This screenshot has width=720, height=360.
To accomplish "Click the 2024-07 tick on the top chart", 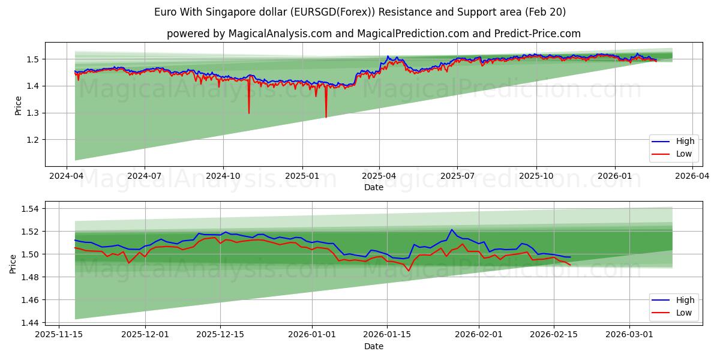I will pos(145,176).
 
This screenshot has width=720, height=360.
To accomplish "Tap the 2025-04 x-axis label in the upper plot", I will pos(379,176).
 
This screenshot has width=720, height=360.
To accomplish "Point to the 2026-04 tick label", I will pos(692,176).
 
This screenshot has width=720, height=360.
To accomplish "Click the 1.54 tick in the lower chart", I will pos(29,209).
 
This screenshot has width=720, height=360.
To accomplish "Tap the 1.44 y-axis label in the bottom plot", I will pos(29,323).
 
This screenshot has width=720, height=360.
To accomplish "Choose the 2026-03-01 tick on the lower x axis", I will pos(629,335).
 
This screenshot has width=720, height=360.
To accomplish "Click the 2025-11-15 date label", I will pos(59,335).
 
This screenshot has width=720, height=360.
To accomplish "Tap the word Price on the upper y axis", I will pos(18,105).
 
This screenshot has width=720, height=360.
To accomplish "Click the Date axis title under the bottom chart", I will pos(373,346).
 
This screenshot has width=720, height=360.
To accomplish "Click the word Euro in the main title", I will pos(165,12).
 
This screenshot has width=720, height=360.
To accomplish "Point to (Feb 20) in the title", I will pos(545,12).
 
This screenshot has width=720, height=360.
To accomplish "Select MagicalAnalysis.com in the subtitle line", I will pos(280,34).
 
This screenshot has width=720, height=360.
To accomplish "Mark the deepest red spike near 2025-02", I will pos(326,117).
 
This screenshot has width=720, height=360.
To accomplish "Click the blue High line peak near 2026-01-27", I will pos(452,230).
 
